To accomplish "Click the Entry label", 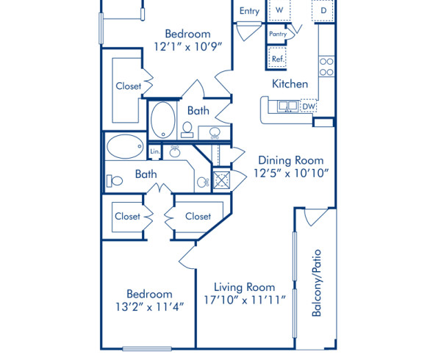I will (x=249, y=11).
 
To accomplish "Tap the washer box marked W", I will (x=279, y=10).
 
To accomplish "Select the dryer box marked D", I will (x=323, y=11).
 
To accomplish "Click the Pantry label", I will (x=278, y=34).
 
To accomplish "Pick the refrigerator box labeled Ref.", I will (x=278, y=59).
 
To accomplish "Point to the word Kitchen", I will (x=290, y=84).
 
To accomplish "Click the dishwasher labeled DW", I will (x=309, y=107).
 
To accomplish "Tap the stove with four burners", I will (x=326, y=67).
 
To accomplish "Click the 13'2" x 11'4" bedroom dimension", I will (x=149, y=307).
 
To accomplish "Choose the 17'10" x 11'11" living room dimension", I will (x=245, y=300).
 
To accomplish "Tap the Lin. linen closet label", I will (x=155, y=151).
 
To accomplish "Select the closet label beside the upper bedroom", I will (x=128, y=86).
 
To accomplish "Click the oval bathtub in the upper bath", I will (x=162, y=119).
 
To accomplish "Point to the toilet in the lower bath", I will (x=115, y=180).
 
